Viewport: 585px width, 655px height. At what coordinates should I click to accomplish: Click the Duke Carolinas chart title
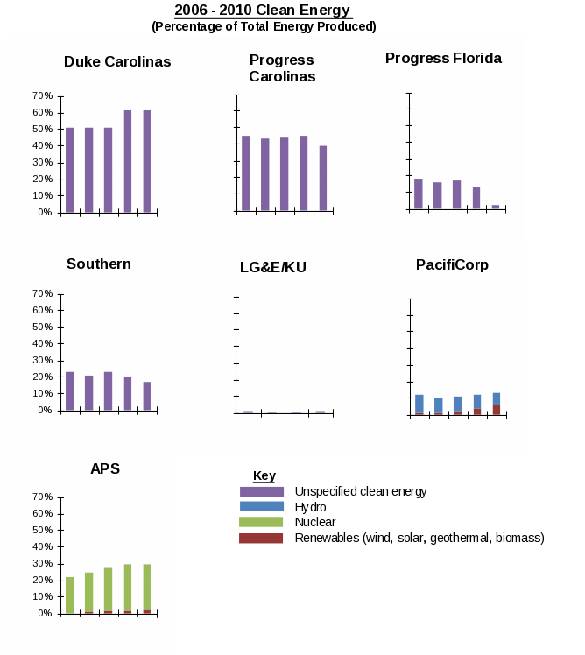tap(117, 62)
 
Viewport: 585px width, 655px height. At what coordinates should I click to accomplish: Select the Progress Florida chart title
tap(443, 59)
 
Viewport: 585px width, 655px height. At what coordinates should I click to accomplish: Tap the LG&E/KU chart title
tap(273, 267)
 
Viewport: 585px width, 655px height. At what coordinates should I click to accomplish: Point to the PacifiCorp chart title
tap(452, 265)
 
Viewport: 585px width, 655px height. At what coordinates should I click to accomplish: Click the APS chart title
tap(105, 468)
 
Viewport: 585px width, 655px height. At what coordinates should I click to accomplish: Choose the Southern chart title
tap(99, 264)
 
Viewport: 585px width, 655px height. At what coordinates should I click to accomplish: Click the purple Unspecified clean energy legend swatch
tap(262, 492)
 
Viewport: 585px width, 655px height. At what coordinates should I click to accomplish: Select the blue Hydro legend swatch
tap(262, 507)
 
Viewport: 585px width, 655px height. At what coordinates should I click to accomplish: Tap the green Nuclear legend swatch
tap(262, 522)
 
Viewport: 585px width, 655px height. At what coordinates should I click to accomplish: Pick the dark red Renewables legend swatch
tap(262, 538)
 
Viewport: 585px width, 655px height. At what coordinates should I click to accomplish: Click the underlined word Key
tap(264, 476)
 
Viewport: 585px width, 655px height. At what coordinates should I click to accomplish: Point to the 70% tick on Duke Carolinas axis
tap(41, 95)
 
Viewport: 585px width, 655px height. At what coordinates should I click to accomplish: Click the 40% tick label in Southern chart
tap(41, 343)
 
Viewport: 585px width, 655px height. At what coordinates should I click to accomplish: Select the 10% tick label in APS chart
tap(41, 597)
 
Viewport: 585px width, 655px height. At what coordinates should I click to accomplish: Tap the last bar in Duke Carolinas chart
tap(147, 161)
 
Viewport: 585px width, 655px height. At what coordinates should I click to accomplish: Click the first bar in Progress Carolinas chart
tap(246, 173)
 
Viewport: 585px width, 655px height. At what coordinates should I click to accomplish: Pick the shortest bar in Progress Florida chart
tap(496, 207)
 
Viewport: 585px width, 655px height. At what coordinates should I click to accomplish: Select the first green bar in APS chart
tap(70, 595)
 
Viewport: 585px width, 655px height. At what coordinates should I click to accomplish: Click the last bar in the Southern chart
tap(147, 396)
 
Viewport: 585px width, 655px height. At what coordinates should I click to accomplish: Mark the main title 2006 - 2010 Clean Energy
tap(263, 11)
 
